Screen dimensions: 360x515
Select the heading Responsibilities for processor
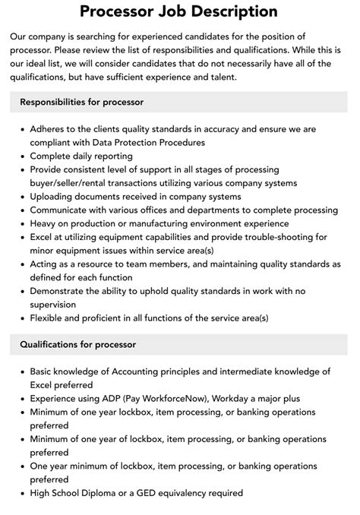pyautogui.click(x=82, y=101)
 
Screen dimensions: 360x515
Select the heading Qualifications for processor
pyautogui.click(x=78, y=344)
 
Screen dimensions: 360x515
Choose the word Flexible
pyautogui.click(x=49, y=318)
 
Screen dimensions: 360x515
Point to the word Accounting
pyautogui.click(x=146, y=371)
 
